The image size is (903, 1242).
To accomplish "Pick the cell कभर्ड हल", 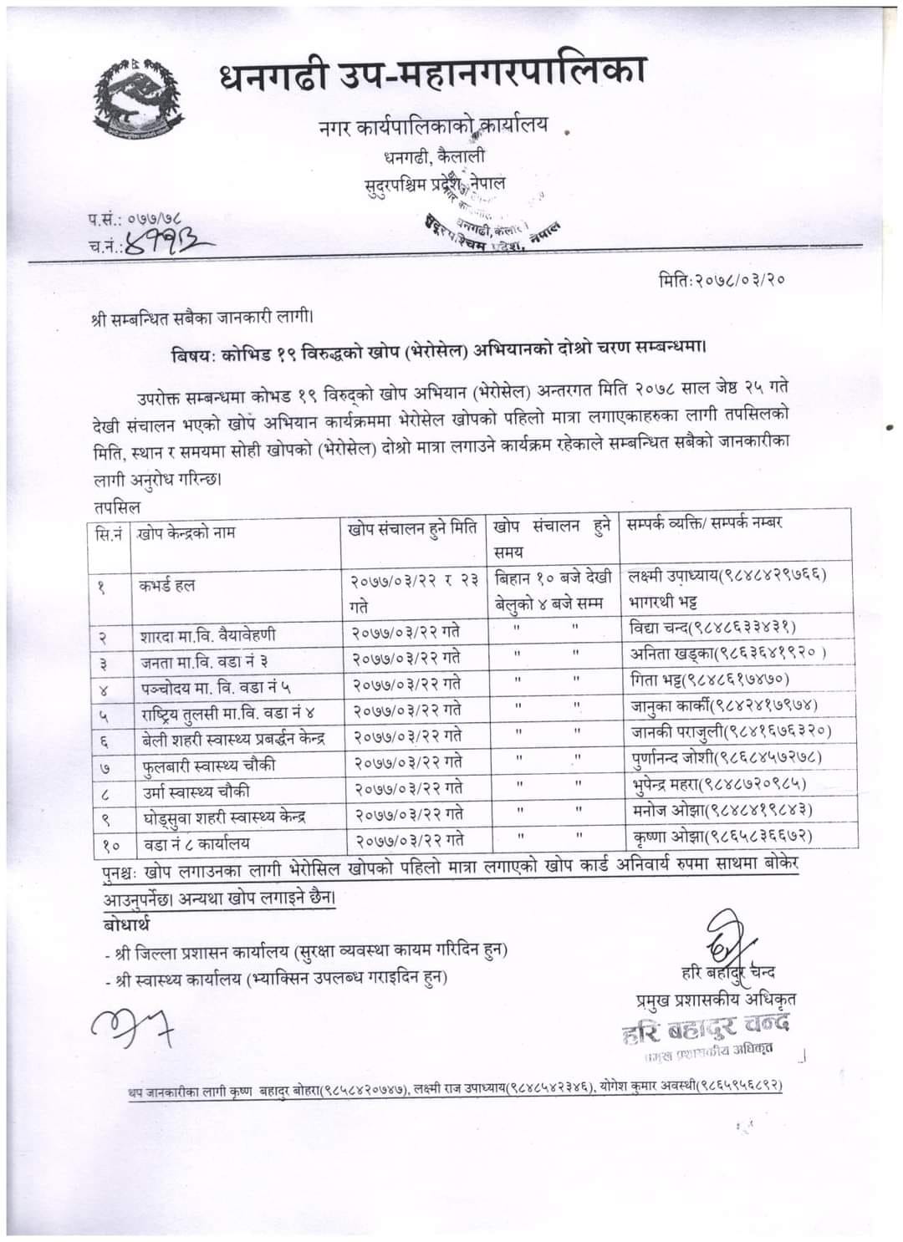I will (x=167, y=585).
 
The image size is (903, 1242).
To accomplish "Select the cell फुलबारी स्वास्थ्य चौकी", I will (x=208, y=766).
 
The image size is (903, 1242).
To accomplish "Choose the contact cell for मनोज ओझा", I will (x=722, y=809).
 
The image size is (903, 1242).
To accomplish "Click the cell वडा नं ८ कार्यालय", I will (x=195, y=842).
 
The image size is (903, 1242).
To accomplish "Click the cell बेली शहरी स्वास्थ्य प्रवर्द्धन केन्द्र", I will (x=232, y=739).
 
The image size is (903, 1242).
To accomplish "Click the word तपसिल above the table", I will (x=118, y=507).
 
